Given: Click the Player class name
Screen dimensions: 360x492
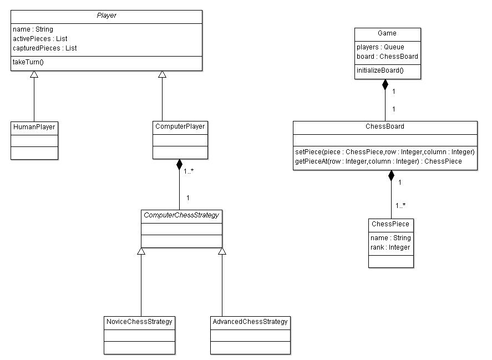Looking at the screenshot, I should point(106,16).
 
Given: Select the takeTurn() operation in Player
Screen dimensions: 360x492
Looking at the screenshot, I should point(28,62).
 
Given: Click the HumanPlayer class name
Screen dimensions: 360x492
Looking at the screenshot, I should point(34,127).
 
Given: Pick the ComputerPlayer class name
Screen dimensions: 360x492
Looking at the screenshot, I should point(180,126).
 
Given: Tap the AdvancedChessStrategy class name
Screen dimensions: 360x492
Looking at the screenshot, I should point(250,322).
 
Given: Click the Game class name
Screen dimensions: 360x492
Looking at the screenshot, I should point(387,33).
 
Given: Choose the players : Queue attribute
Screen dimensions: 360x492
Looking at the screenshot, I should point(381,47).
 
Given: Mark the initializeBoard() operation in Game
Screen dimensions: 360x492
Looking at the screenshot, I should point(380,70).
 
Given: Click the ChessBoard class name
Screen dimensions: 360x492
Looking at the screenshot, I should point(385,126).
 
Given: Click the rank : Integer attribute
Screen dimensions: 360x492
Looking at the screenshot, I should point(390,247).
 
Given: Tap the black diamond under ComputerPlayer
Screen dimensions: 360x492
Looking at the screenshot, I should point(179,165).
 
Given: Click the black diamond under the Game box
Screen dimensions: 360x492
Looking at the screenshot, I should point(384,85).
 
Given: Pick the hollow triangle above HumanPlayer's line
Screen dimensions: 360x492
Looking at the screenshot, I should point(34,75).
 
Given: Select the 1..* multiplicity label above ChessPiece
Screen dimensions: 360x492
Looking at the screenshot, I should point(400,205).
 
